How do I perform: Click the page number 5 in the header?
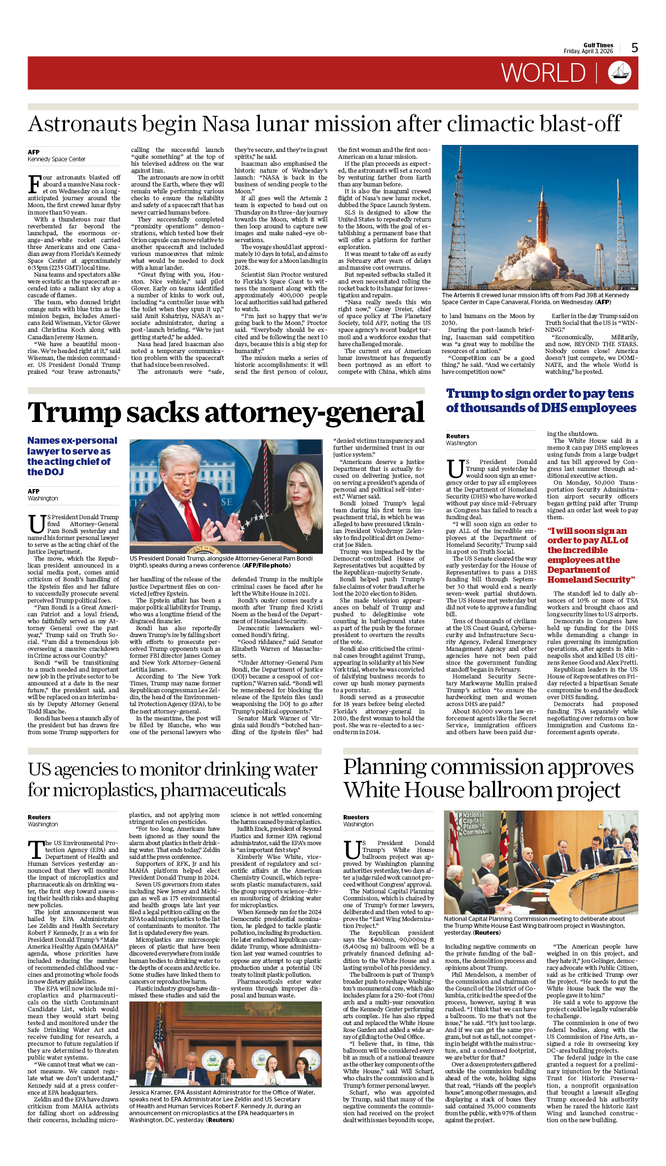[634, 47]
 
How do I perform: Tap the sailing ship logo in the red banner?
[619, 72]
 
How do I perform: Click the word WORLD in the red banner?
[543, 73]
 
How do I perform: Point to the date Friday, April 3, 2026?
[588, 51]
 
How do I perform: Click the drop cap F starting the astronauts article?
[34, 184]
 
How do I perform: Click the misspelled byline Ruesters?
[356, 817]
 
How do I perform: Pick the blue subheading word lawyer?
[43, 451]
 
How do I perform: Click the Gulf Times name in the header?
[598, 45]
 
